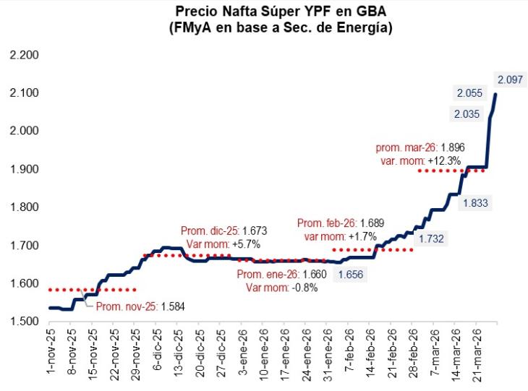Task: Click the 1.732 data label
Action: coord(433,238)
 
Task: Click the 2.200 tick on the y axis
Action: coord(23,56)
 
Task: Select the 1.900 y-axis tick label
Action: coord(23,169)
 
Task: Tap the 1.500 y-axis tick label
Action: coord(23,321)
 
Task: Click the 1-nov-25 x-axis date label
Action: coord(51,354)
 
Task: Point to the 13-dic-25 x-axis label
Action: coord(178,354)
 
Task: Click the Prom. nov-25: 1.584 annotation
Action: coord(140,306)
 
